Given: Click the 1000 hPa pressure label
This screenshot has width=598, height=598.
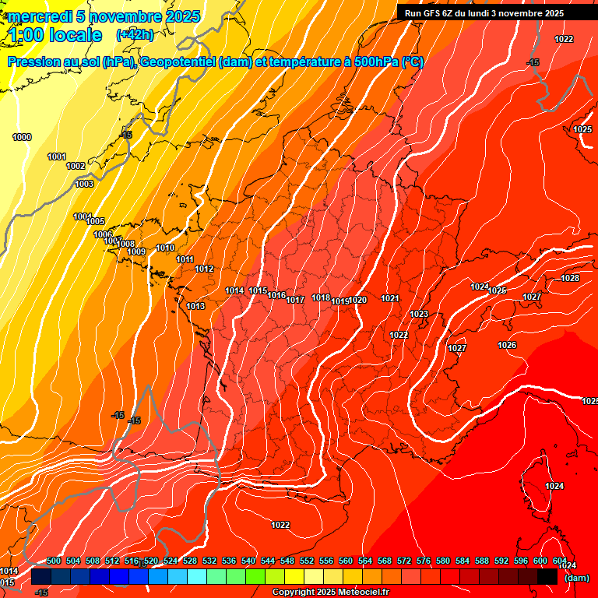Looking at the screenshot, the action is tap(22, 137).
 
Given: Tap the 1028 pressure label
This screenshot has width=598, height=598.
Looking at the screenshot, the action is tap(570, 278).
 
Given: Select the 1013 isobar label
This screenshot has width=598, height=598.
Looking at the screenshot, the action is tap(195, 306).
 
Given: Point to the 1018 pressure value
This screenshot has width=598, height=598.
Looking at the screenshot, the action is tap(321, 297).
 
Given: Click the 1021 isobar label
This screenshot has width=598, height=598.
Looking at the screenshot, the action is tap(390, 298).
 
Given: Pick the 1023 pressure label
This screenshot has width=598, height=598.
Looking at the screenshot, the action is tap(419, 314).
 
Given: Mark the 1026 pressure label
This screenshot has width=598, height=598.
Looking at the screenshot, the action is tap(507, 345).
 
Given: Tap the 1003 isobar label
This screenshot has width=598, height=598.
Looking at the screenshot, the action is tap(84, 184).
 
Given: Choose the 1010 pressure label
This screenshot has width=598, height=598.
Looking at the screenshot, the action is tap(165, 248).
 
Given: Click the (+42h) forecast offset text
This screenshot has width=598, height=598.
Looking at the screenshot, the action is tap(135, 35).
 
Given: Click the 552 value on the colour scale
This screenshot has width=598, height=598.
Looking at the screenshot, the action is tap(307, 561).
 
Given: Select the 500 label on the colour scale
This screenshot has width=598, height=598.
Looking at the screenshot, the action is tap(54, 561).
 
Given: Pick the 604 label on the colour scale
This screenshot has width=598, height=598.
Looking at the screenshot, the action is tap(559, 561).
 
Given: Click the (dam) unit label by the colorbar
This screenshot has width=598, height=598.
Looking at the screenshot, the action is tap(577, 578).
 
